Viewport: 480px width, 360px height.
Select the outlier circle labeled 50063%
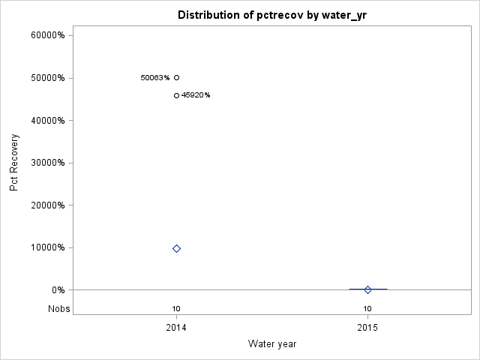click(176, 77)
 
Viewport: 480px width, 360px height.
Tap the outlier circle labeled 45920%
click(176, 95)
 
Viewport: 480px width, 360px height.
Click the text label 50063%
click(155, 77)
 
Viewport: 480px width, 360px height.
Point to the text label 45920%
click(196, 95)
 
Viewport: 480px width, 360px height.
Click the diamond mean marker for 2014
click(176, 248)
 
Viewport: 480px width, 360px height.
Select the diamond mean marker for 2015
click(367, 289)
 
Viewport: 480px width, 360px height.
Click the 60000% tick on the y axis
click(50, 35)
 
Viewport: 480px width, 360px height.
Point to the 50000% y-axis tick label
click(50, 78)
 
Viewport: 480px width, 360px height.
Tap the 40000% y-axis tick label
click(50, 120)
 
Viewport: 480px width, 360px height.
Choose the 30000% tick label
click(50, 163)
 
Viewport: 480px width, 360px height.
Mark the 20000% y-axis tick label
click(50, 205)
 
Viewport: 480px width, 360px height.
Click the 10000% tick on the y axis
click(50, 247)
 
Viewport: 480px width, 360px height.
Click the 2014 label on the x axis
click(176, 328)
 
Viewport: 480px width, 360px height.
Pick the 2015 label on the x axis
click(367, 328)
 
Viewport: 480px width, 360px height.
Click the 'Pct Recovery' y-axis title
click(14, 163)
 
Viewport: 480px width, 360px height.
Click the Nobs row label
click(58, 308)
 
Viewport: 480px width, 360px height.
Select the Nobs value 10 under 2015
click(367, 308)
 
